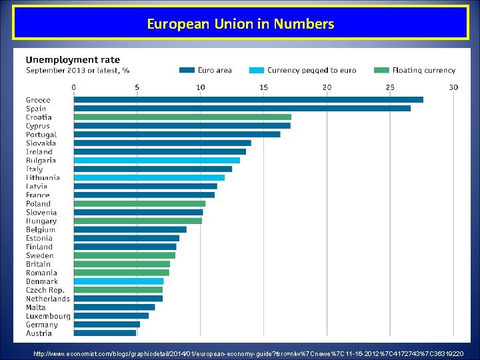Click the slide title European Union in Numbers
(x=240, y=25)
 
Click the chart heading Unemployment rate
(x=73, y=59)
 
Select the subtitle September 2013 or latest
(x=77, y=70)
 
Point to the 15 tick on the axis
(x=263, y=87)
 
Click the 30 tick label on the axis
(x=453, y=87)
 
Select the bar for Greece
(x=248, y=100)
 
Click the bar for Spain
(x=241, y=108)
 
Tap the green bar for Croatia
(x=182, y=117)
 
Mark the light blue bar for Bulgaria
(x=157, y=160)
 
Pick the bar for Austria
(x=105, y=333)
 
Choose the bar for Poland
(x=139, y=203)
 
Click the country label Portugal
(x=41, y=134)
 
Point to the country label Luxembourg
(x=48, y=316)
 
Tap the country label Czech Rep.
(x=45, y=290)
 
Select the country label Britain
(x=38, y=264)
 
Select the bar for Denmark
(x=118, y=281)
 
